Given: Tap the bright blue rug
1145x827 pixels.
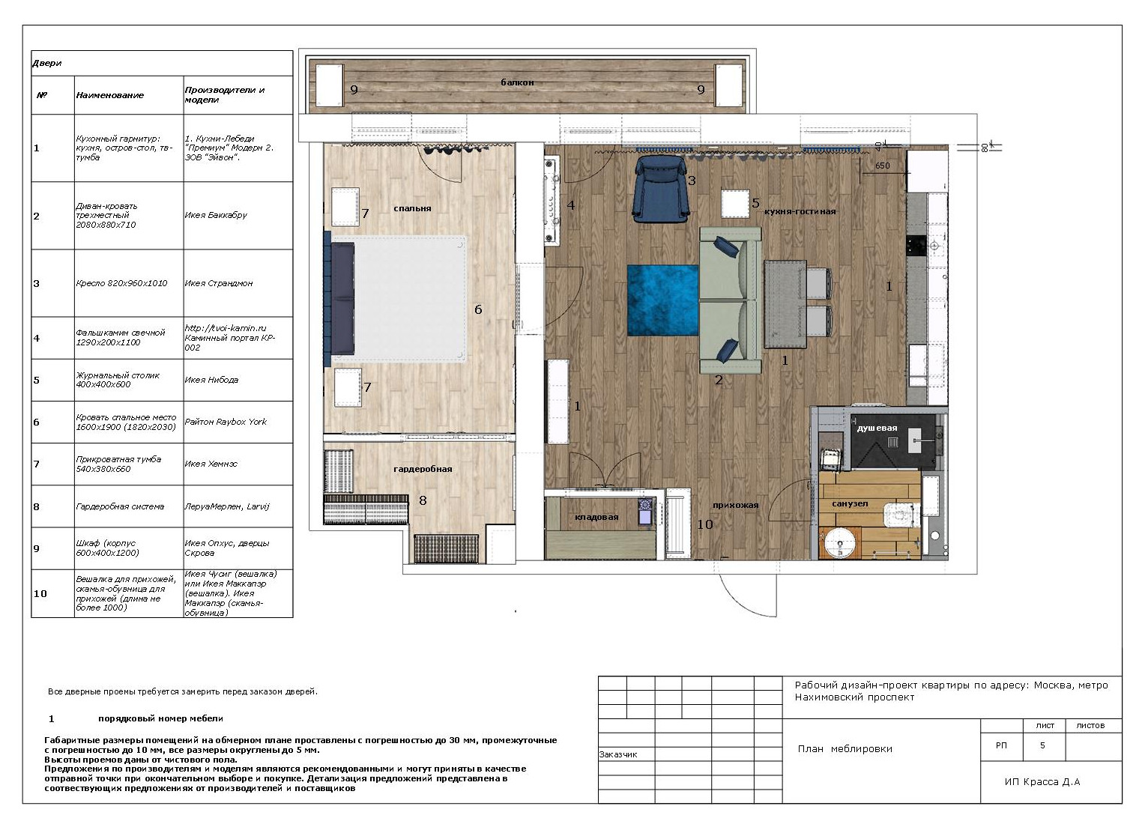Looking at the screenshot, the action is [x=662, y=300].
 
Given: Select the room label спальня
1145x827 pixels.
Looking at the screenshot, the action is [x=412, y=208].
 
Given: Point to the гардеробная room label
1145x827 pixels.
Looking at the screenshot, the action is [x=423, y=469].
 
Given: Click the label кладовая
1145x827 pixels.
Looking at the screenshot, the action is [x=596, y=518].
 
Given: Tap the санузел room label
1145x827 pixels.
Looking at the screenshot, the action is [x=850, y=504].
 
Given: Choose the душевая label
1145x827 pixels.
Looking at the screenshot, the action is [x=877, y=428].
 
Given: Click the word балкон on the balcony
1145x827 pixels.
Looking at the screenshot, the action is [x=517, y=82].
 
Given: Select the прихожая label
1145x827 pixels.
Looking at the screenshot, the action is [x=736, y=505].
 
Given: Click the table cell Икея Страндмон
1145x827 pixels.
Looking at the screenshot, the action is [x=219, y=283].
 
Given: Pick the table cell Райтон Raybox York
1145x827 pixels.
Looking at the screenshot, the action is [x=226, y=422].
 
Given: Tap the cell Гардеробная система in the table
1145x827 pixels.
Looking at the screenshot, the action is [x=120, y=506].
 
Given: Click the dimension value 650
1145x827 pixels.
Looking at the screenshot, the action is [x=882, y=166].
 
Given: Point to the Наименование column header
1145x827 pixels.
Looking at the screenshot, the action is [x=110, y=95].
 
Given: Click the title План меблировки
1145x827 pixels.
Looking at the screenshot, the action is [x=845, y=749].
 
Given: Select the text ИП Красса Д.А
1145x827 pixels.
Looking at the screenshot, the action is [x=1042, y=781].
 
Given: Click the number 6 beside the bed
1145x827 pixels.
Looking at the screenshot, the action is [x=478, y=309].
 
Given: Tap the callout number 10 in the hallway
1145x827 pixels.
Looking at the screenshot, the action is [x=705, y=524].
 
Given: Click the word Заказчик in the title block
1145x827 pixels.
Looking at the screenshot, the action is [x=618, y=754].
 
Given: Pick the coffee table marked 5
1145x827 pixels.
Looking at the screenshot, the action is [x=735, y=205].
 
